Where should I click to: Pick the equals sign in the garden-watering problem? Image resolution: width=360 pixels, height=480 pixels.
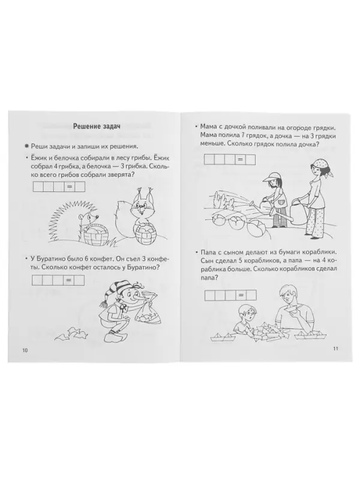(x=239, y=158)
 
